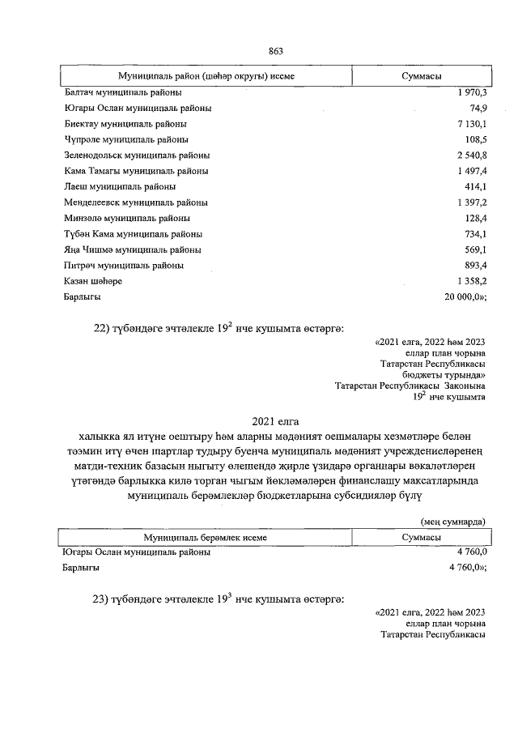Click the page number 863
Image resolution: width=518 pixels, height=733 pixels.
[x=275, y=51]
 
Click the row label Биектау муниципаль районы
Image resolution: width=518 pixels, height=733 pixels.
[x=125, y=124]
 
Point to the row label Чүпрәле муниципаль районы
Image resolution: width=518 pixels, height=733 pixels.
[x=125, y=139]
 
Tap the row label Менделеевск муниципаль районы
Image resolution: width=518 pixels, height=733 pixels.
[x=135, y=202]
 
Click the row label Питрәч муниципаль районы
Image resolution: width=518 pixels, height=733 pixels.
[x=123, y=265]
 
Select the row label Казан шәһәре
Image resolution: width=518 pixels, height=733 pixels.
[x=92, y=281]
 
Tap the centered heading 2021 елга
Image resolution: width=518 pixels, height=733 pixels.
[x=275, y=421]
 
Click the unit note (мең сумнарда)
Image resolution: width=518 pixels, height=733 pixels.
[x=453, y=522]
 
